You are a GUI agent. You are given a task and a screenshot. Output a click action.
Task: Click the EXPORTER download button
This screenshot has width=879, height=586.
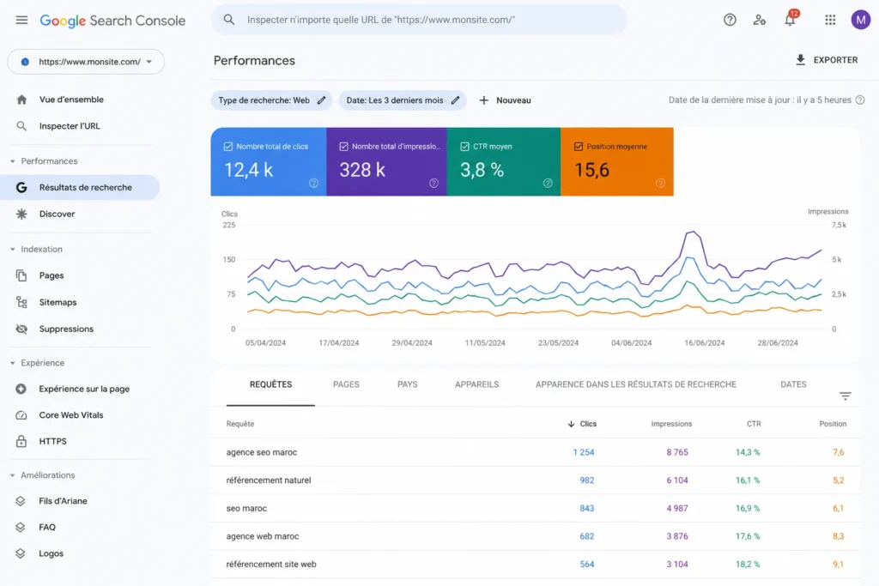(827, 60)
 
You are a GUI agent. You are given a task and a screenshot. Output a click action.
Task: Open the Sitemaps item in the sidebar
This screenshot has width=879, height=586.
(58, 302)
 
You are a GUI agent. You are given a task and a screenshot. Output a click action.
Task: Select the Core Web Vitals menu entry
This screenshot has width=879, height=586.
(70, 415)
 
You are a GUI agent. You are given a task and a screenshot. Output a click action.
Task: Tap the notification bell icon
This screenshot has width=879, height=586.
(790, 20)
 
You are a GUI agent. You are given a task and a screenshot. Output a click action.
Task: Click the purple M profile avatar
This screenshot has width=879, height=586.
(860, 20)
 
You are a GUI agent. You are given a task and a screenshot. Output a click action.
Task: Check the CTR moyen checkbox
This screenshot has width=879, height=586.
(464, 146)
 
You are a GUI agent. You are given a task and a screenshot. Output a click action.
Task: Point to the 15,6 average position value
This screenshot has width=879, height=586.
(591, 170)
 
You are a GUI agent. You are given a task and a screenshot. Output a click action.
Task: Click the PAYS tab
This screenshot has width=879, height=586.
(408, 384)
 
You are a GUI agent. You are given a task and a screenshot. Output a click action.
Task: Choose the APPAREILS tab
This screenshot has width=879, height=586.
(476, 384)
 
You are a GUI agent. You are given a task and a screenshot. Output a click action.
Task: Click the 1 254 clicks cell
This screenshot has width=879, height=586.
(584, 452)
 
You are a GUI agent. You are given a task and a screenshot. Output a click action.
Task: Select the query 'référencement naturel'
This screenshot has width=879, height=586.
(269, 480)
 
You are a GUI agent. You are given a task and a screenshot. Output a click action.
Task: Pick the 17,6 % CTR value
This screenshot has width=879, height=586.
(748, 536)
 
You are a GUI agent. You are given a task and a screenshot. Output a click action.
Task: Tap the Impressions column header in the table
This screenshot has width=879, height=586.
(671, 424)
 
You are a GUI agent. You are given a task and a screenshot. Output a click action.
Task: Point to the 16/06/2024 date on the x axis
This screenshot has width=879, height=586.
(704, 343)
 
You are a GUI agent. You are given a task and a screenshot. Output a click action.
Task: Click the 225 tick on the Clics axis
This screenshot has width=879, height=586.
(228, 225)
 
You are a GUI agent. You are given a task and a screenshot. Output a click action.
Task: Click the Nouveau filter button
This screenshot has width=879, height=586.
(505, 100)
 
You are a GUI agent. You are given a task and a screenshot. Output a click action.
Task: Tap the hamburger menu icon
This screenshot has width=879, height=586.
(21, 21)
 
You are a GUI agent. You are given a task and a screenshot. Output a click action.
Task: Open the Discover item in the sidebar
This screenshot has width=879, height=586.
(57, 214)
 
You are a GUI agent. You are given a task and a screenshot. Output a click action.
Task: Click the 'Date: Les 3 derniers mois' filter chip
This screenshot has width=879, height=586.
(402, 100)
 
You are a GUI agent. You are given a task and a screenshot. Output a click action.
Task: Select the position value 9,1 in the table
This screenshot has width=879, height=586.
(838, 565)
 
